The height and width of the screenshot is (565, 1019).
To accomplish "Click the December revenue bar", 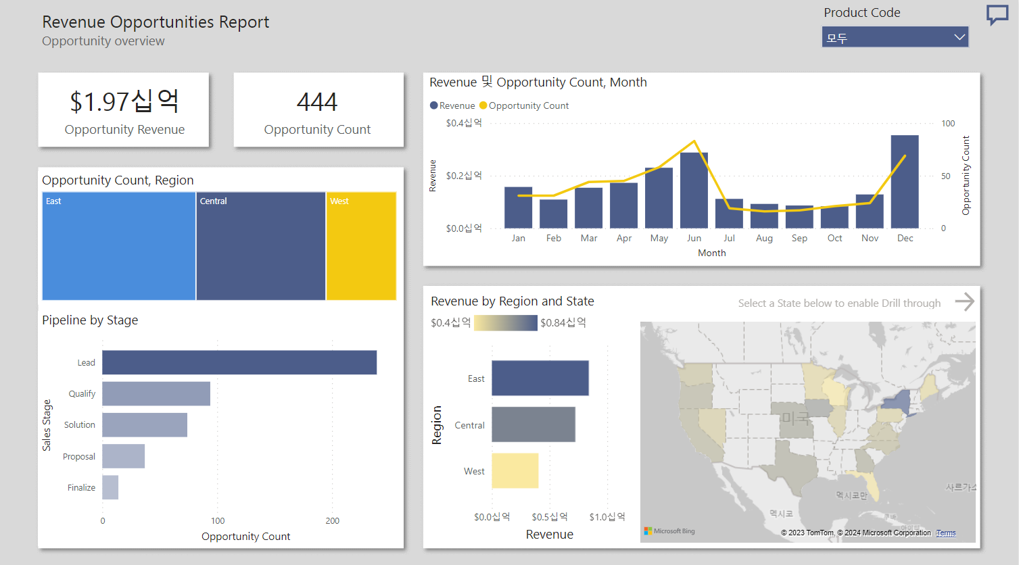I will [x=904, y=182].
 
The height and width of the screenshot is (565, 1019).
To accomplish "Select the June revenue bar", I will [x=694, y=191].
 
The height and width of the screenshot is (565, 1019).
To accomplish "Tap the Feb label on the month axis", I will [x=554, y=238].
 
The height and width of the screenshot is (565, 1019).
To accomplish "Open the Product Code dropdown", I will [x=895, y=37].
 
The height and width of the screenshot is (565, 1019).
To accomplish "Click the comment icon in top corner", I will [x=997, y=14].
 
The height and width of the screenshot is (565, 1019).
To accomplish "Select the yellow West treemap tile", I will [x=361, y=247].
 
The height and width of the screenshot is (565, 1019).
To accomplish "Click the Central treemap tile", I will [x=260, y=247].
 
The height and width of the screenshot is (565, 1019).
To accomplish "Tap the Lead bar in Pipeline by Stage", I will [x=239, y=362].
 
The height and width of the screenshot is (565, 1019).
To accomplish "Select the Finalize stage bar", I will [x=110, y=487].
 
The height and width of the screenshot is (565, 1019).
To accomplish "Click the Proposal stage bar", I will [x=123, y=456].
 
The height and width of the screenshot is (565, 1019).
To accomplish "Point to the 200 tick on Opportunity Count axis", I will [x=332, y=520].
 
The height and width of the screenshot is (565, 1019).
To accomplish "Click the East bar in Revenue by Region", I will [x=540, y=378].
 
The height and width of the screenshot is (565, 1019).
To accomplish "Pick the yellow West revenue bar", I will [x=515, y=470].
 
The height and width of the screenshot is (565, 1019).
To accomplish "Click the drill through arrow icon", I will [x=964, y=301].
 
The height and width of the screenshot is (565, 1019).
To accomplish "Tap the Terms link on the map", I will [x=945, y=533].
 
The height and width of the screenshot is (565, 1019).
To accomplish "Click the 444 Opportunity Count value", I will [x=317, y=102].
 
